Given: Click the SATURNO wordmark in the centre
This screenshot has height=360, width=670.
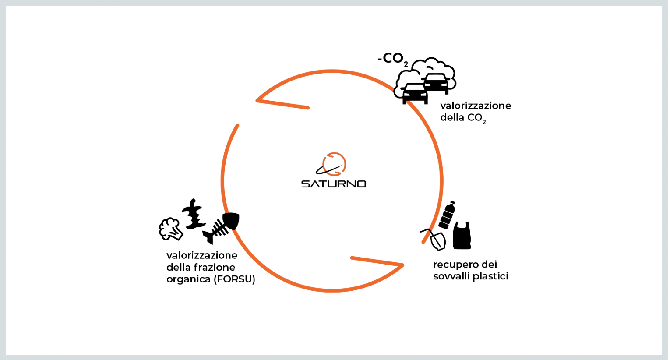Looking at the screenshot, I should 334,184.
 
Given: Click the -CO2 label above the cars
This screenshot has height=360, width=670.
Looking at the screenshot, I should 392,59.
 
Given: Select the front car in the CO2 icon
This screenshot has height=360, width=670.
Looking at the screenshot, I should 414,93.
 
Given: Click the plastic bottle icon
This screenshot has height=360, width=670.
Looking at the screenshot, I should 448,215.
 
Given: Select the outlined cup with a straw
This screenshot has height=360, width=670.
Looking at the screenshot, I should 435,239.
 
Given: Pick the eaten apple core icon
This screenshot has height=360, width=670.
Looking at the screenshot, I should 194,213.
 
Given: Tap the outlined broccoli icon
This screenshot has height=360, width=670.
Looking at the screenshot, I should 170,229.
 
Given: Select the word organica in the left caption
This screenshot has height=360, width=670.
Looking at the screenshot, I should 188,279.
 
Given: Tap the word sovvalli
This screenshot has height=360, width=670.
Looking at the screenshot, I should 450,276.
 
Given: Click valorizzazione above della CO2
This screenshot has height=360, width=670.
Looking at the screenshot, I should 476,106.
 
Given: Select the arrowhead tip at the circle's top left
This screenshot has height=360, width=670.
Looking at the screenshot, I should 257,100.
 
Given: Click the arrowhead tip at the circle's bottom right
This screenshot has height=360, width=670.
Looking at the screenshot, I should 402,265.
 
